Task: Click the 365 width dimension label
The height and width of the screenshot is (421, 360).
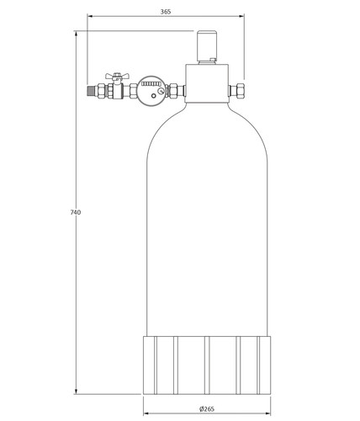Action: pos(166,12)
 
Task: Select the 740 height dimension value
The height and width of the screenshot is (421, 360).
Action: pos(76,212)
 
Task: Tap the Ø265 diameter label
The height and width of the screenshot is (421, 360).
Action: pos(207,408)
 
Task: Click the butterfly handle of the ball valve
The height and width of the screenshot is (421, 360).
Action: pos(117,76)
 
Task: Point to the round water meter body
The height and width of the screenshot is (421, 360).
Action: pos(151,90)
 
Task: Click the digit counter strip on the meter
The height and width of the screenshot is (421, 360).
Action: pos(151,83)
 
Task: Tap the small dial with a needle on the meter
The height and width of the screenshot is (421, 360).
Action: pos(161,91)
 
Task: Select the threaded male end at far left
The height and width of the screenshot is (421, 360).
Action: pos(91,91)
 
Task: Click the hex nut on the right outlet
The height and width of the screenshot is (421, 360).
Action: pos(241,90)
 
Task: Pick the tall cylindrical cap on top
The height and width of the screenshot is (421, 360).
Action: pos(207,46)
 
